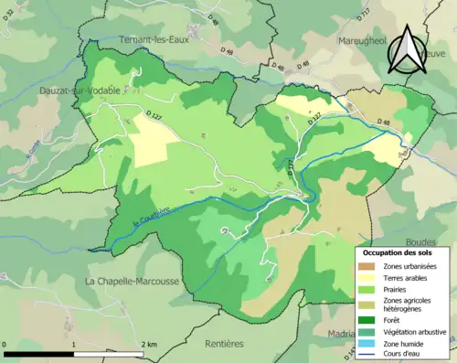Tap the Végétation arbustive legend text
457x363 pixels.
[418, 332]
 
